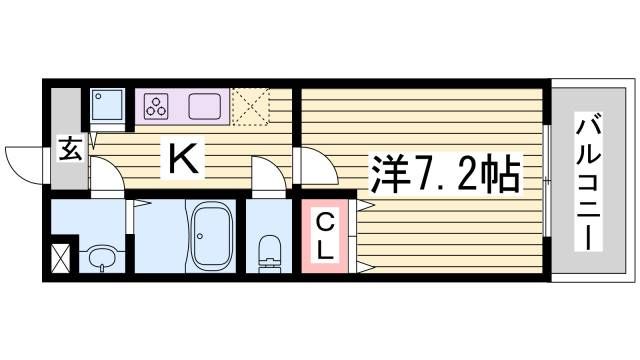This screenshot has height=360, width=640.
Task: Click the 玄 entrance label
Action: (69, 150)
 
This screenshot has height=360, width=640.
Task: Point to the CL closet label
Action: (326, 235)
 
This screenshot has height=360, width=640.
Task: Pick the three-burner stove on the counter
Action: (156, 105)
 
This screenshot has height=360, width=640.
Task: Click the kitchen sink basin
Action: (204, 105)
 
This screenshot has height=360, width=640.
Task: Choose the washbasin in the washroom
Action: (99, 258)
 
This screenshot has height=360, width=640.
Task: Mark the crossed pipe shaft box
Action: (60, 258)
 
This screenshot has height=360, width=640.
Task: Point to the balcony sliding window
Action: (547, 180)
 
